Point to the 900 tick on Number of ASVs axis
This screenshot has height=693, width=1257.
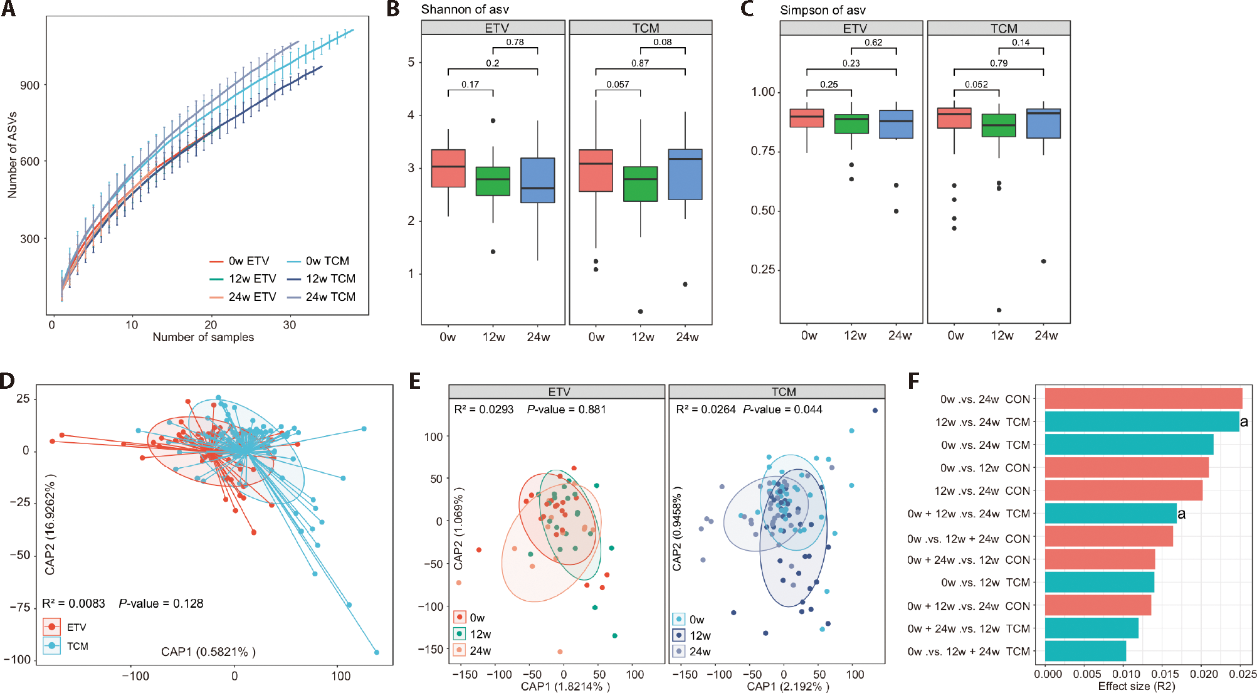(x=29, y=85)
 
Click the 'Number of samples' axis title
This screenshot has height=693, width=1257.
(x=203, y=337)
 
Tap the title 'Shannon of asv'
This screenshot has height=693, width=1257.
(x=465, y=9)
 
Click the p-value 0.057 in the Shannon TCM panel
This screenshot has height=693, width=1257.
(x=618, y=84)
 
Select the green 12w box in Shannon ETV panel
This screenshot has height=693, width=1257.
(x=493, y=181)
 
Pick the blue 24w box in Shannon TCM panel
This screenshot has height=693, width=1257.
(x=685, y=174)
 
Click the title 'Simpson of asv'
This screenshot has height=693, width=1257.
(x=823, y=10)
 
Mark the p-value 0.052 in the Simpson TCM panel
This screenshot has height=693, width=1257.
(x=976, y=84)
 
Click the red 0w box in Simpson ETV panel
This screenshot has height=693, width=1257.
(x=807, y=118)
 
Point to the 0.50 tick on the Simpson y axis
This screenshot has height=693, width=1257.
(x=763, y=211)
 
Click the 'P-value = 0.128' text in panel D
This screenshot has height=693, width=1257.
(x=161, y=603)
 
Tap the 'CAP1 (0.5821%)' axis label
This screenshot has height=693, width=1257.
(x=208, y=652)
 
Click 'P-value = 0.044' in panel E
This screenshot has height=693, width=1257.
(x=782, y=410)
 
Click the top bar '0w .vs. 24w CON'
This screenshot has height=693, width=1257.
(x=1143, y=399)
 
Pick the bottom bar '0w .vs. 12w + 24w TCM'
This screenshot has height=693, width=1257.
(x=1085, y=651)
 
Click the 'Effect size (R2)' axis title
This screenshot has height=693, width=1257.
(x=1136, y=686)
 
